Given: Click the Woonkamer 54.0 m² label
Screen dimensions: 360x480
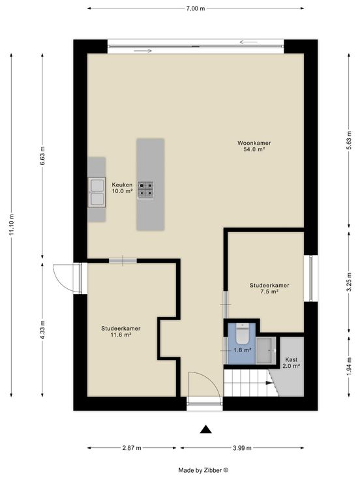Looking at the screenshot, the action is click(x=254, y=146).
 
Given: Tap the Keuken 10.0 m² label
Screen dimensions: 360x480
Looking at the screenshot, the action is click(x=122, y=188).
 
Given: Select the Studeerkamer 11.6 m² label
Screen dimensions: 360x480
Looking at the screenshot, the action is click(x=121, y=331).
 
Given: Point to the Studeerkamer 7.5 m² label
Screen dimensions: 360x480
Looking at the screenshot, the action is click(x=269, y=288).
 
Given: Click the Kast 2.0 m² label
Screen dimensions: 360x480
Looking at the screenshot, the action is click(x=291, y=363).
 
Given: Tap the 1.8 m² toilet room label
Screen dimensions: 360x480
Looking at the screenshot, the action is click(x=243, y=350).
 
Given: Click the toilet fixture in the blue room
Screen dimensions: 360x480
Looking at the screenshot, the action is click(x=243, y=334).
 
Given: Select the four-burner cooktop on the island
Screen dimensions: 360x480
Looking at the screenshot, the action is click(x=145, y=190).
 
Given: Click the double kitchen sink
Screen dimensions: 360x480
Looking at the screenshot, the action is click(x=97, y=192).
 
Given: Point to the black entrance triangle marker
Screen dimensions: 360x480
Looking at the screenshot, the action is click(x=206, y=430).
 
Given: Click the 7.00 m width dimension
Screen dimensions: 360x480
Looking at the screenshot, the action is click(x=196, y=8).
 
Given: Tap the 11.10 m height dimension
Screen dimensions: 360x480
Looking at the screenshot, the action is click(x=12, y=224).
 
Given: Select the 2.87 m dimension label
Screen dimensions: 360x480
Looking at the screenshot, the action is click(x=132, y=448).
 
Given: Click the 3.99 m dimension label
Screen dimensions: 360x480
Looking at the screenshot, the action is click(x=242, y=448).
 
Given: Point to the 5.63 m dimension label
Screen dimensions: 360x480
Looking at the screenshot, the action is click(x=349, y=141).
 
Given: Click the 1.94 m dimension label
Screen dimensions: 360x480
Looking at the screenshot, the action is click(x=349, y=367).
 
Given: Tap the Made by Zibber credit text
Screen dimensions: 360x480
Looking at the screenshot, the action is click(x=203, y=470).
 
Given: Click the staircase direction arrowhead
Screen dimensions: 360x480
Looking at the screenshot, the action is click(x=270, y=383).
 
